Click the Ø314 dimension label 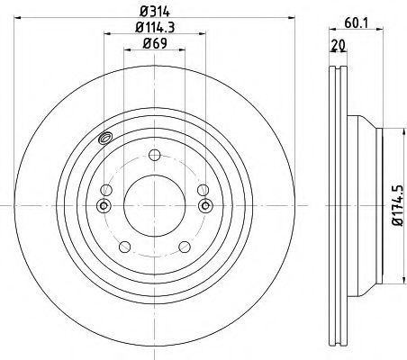(155, 13)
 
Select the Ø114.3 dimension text (154, 27)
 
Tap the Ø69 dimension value (155, 43)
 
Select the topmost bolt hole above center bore (155, 155)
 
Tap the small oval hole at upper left (104, 138)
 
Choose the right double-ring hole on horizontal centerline (206, 207)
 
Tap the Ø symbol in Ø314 (143, 13)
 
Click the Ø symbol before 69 (146, 43)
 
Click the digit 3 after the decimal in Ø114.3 (172, 27)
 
